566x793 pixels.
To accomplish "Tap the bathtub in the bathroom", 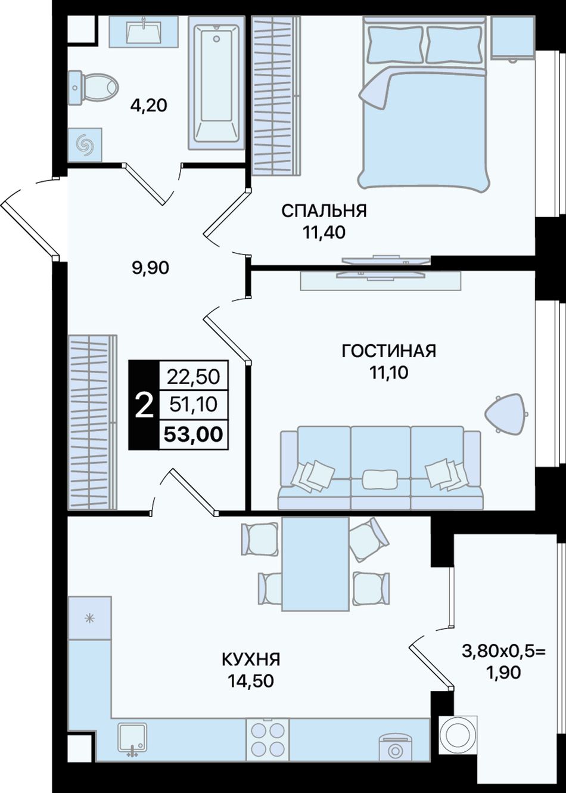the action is pos(216,82).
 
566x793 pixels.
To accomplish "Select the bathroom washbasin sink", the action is pos(143,31).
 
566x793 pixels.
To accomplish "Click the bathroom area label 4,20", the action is pos(148,106).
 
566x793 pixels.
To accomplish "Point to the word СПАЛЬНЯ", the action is pos(324,211).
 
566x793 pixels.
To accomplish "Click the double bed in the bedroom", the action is pos(424,104).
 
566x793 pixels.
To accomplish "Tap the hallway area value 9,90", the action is pos(150,268).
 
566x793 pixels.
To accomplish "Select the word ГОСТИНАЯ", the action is pos(389,351).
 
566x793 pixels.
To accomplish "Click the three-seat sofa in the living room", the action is pos(380,467).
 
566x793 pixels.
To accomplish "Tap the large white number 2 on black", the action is pos(144,405).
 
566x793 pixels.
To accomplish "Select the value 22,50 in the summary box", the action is pos(194,377).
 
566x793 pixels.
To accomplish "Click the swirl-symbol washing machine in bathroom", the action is pos(85,145).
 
